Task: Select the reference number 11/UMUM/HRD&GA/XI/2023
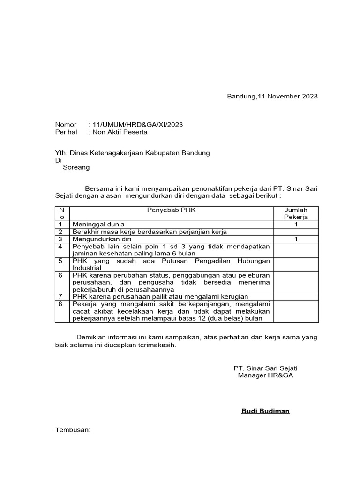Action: tap(138, 125)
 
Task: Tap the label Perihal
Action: tap(66, 132)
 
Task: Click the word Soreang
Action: tap(76, 167)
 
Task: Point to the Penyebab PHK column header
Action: tap(171, 210)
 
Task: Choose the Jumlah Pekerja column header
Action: tap(296, 214)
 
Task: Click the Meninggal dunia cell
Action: tap(98, 225)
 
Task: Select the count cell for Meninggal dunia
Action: tap(296, 225)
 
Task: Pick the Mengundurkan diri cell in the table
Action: tap(101, 240)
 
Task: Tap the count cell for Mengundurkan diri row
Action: tap(296, 240)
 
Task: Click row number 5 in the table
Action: tap(60, 261)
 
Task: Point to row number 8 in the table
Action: tap(60, 304)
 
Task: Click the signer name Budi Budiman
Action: tap(265, 412)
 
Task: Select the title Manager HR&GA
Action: tap(265, 376)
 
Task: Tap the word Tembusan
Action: tap(73, 430)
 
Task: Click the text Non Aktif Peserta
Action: tap(120, 132)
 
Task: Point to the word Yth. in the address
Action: tap(61, 153)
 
